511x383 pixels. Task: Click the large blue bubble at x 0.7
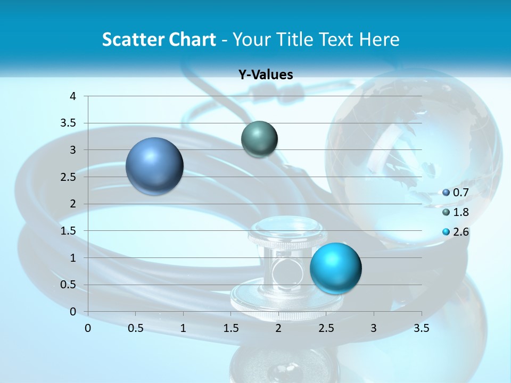(x=155, y=166)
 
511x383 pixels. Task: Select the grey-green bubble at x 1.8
(x=259, y=139)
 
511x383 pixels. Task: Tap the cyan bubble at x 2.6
(x=335, y=268)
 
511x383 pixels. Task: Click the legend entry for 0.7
(x=456, y=193)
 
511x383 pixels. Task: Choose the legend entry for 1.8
(x=456, y=212)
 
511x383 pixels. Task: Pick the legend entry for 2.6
(x=456, y=232)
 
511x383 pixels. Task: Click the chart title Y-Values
(x=266, y=75)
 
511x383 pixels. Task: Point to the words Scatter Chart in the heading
(x=159, y=39)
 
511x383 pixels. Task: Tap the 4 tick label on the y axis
(x=73, y=96)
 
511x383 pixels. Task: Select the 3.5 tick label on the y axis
(x=69, y=123)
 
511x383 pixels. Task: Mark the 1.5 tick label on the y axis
(x=69, y=231)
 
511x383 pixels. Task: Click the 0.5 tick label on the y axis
(x=69, y=285)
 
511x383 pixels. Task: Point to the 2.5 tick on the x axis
(x=326, y=328)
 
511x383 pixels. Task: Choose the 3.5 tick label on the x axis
(x=422, y=328)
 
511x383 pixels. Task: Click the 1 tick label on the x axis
(x=183, y=328)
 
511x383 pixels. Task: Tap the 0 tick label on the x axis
(x=88, y=328)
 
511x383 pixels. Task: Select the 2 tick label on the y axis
(x=73, y=204)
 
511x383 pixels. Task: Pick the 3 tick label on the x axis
(x=374, y=328)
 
